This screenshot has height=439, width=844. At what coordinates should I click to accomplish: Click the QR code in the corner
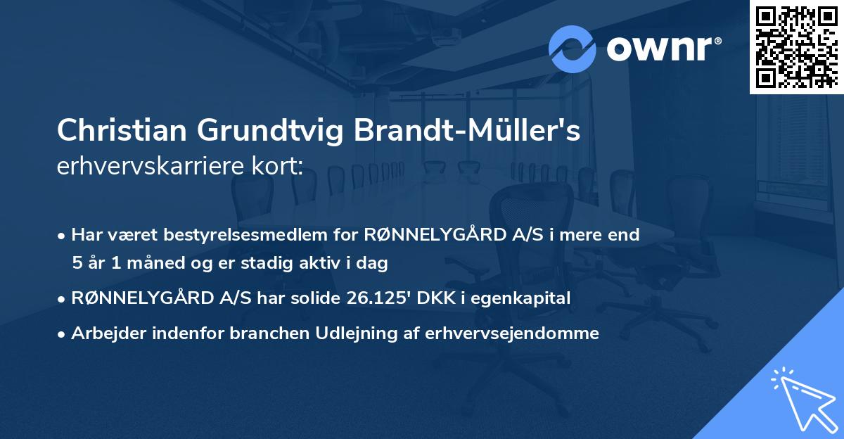coord(796,46)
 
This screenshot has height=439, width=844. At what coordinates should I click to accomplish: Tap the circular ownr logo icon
coord(573,49)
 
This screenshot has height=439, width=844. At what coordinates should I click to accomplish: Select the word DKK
coord(435,298)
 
